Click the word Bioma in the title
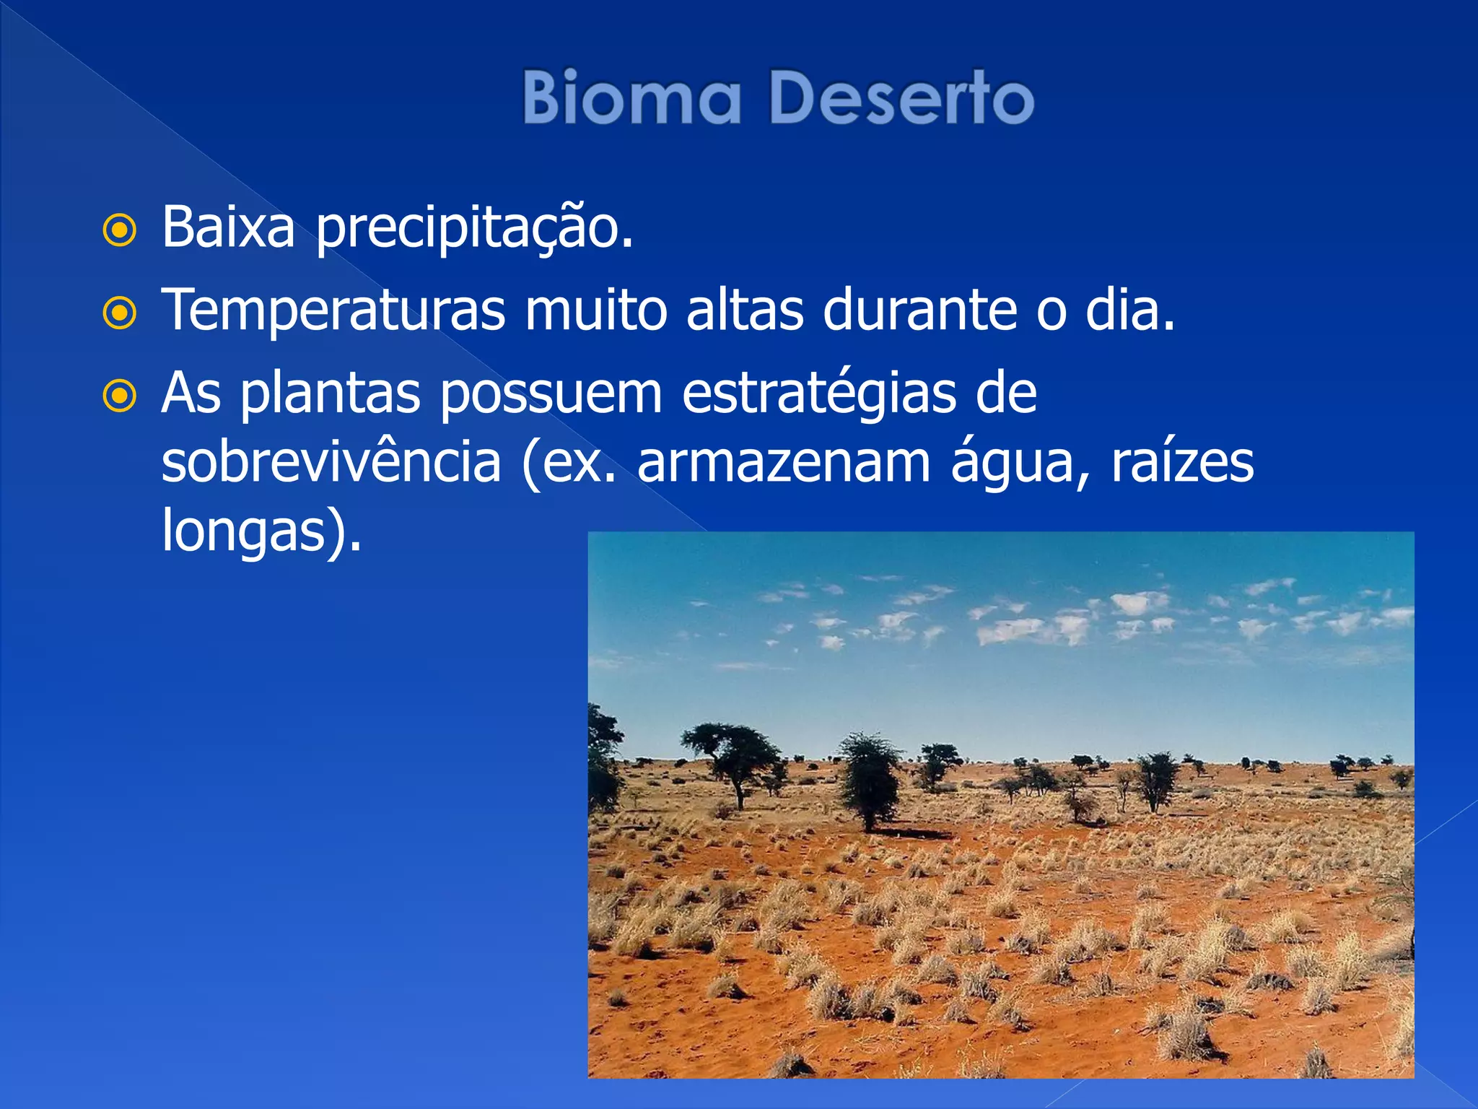point(631,97)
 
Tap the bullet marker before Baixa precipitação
point(120,231)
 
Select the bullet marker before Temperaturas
point(120,313)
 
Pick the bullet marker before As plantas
point(120,396)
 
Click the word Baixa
point(228,227)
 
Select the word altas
point(744,310)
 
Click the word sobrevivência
point(331,462)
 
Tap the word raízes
point(1182,462)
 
